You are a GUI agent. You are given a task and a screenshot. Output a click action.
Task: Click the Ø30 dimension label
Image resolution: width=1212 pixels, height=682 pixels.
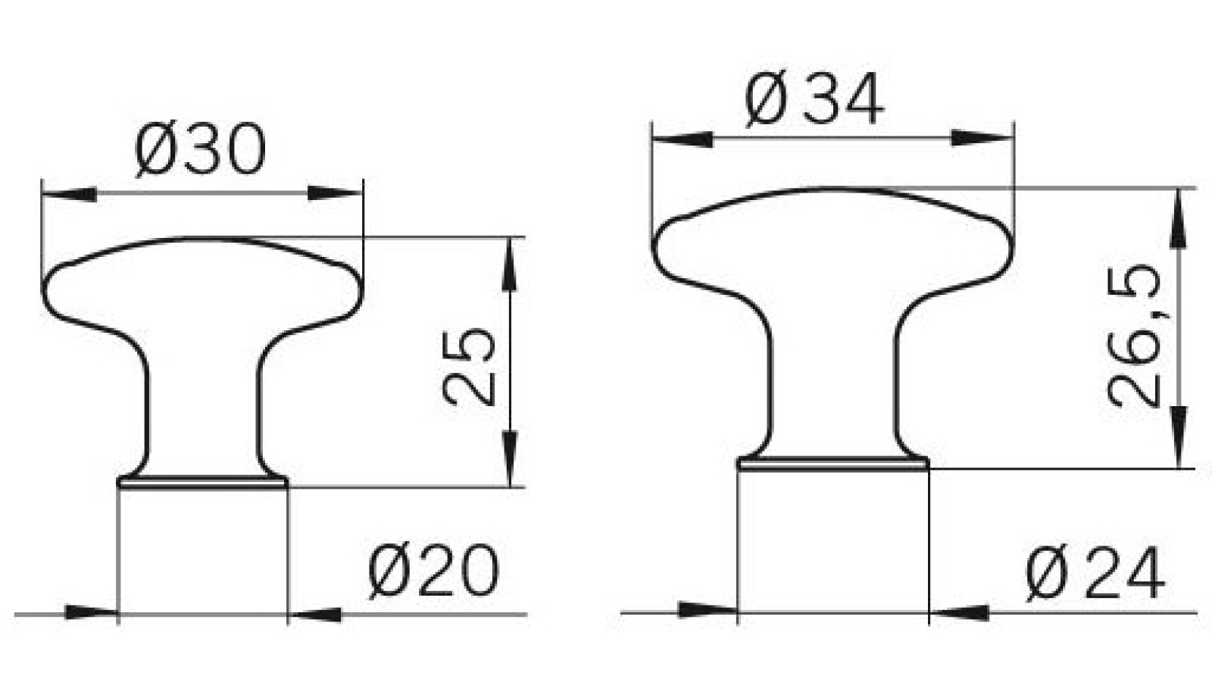pos(201,151)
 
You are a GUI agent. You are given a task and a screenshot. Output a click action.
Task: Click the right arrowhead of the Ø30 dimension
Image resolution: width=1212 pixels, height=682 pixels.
pos(336,195)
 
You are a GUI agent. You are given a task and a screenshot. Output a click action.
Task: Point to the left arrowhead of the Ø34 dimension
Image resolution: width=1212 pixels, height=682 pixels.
pos(682,139)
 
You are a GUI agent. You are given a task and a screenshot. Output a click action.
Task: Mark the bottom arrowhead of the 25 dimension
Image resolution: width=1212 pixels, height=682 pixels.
pos(511,458)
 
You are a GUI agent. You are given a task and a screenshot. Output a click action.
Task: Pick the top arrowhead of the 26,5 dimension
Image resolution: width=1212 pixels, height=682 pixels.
pos(1179,217)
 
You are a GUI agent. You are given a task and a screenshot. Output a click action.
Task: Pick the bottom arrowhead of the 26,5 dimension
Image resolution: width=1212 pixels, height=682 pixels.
pos(1179,440)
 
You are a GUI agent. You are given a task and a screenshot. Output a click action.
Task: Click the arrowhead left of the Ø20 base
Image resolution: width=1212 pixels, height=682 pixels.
pos(91,613)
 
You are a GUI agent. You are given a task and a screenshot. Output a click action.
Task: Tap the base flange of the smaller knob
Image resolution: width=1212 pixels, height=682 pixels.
pos(203,482)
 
